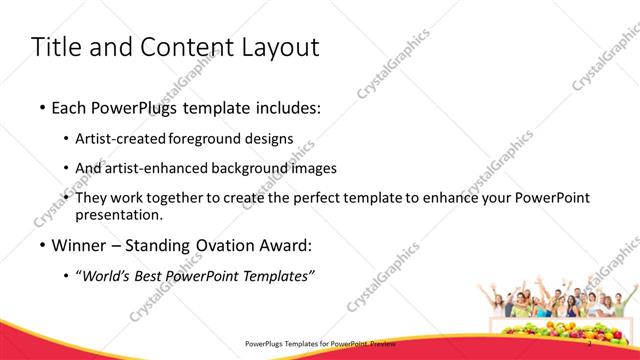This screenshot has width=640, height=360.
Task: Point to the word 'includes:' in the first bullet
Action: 286,109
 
